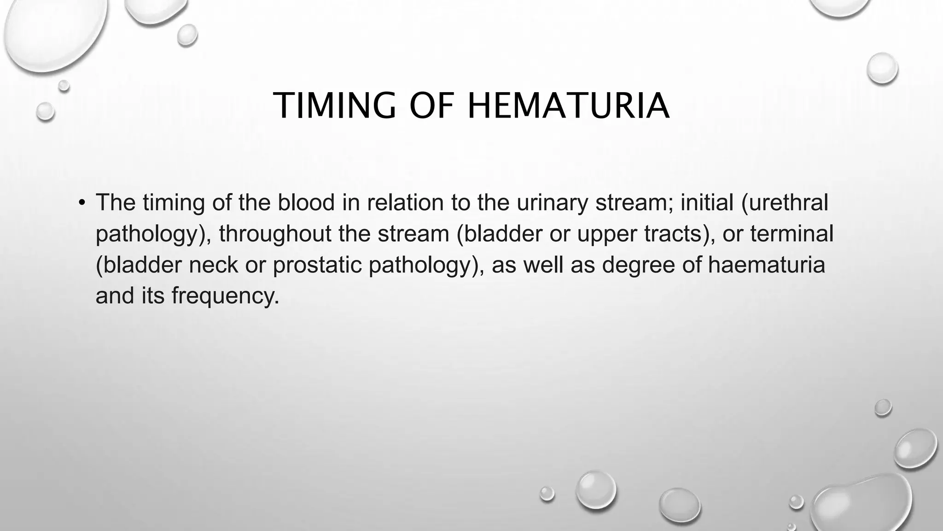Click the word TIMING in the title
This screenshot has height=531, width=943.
click(335, 106)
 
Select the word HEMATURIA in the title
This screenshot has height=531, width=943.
click(568, 106)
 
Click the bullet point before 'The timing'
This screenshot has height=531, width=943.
click(81, 203)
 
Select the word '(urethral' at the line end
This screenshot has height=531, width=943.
click(785, 203)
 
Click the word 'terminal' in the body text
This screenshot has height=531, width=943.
click(792, 234)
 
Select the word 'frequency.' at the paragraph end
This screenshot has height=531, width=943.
click(226, 295)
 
